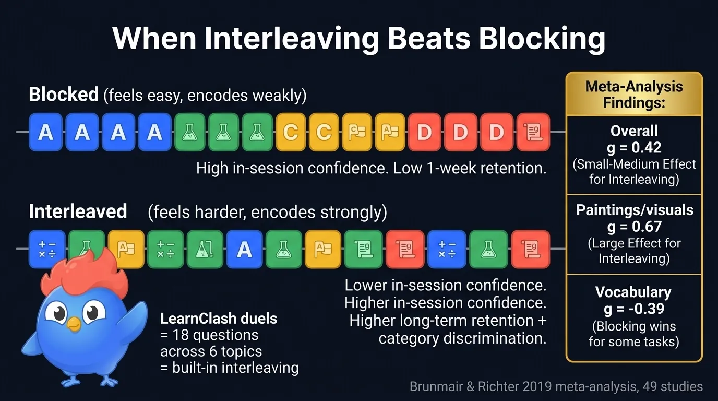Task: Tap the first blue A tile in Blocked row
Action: coord(46,132)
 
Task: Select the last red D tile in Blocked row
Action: coord(496,132)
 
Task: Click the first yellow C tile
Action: coord(290,132)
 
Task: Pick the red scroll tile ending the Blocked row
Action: coord(533,132)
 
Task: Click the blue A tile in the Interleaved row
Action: coord(244,250)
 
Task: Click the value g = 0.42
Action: coord(634,147)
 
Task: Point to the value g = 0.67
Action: coord(634,227)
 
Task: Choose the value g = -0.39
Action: coord(634,309)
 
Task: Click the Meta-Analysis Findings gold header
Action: coord(634,94)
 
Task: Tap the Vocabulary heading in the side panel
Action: coord(634,292)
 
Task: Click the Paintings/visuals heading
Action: coord(634,210)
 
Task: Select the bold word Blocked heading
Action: coord(64,95)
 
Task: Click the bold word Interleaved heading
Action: coord(78,211)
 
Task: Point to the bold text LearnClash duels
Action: coord(219,319)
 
